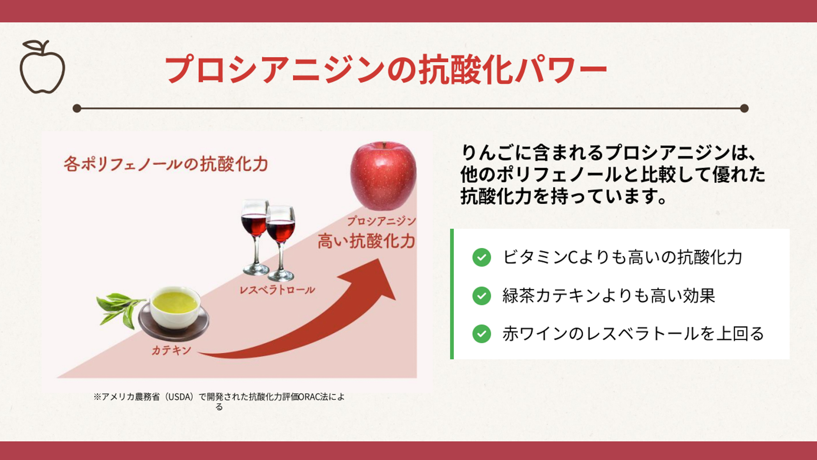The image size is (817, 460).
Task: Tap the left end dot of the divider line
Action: pyautogui.click(x=77, y=109)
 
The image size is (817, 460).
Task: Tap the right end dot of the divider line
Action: pyautogui.click(x=744, y=109)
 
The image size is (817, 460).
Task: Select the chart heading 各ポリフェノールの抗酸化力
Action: pyautogui.click(x=166, y=164)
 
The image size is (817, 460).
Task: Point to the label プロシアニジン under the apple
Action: pyautogui.click(x=381, y=221)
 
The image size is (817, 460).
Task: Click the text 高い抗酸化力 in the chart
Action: pyautogui.click(x=366, y=241)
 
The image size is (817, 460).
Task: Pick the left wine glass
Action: pyautogui.click(x=255, y=236)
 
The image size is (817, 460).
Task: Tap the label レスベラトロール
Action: pyautogui.click(x=277, y=290)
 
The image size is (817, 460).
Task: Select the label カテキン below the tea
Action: pyautogui.click(x=172, y=350)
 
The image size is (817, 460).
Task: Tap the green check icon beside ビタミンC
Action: pyautogui.click(x=482, y=257)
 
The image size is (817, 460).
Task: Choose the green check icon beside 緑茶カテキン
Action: pyautogui.click(x=482, y=296)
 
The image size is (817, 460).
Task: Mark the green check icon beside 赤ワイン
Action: pyautogui.click(x=482, y=334)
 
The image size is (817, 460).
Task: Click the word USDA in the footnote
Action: pyautogui.click(x=180, y=397)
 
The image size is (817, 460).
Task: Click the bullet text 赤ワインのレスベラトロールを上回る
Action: pyautogui.click(x=633, y=334)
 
